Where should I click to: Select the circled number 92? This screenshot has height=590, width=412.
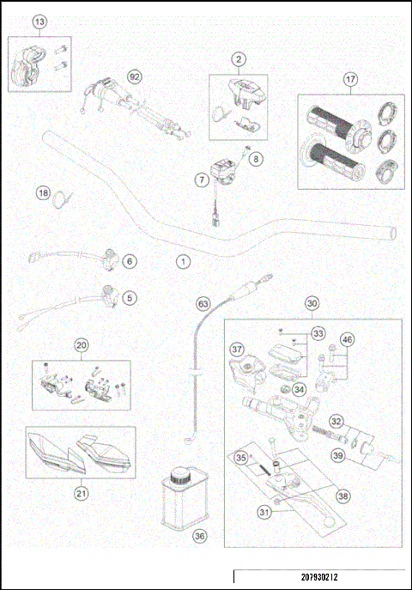coord(134,76)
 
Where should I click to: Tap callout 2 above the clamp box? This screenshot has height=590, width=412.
coord(238,59)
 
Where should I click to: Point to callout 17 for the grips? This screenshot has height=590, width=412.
coord(350,79)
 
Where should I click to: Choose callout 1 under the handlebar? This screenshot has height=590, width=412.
coord(181,259)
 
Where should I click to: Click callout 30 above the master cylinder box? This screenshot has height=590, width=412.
coord(312,303)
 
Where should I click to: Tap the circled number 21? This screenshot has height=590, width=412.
coord(81,493)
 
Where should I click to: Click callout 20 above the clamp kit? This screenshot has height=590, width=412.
coord(81,346)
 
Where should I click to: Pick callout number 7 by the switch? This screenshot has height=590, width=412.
coord(200,181)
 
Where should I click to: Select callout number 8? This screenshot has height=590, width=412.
coord(257,159)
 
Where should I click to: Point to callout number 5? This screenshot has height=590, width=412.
coord(130,298)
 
